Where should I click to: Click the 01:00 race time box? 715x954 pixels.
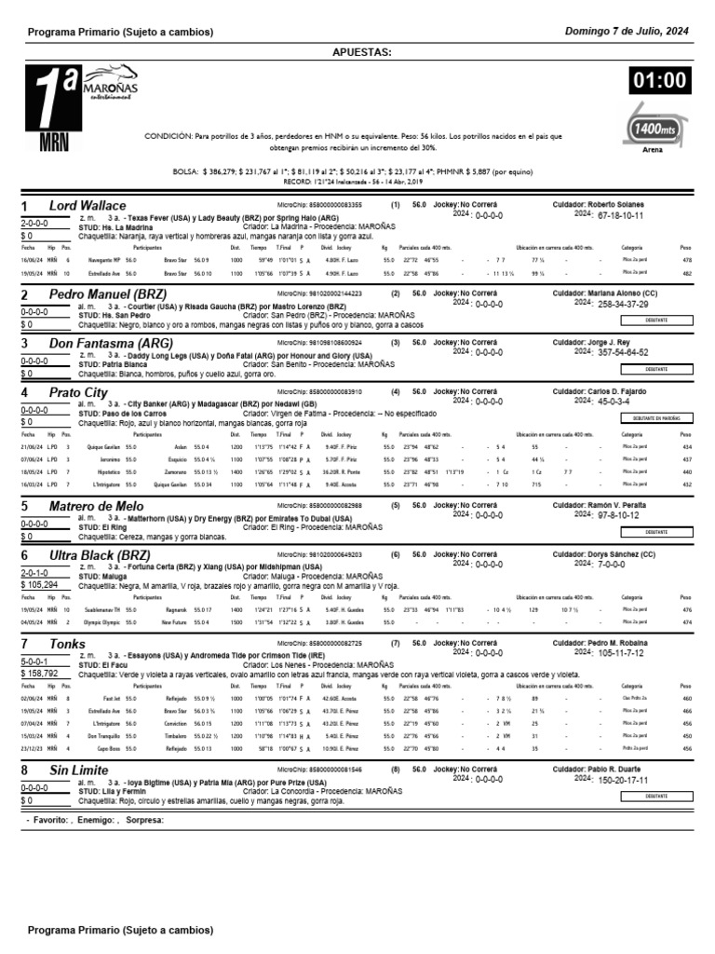pos(659,83)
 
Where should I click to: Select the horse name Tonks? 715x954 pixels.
pos(67,644)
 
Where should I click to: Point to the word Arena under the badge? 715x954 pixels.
pos(654,148)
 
